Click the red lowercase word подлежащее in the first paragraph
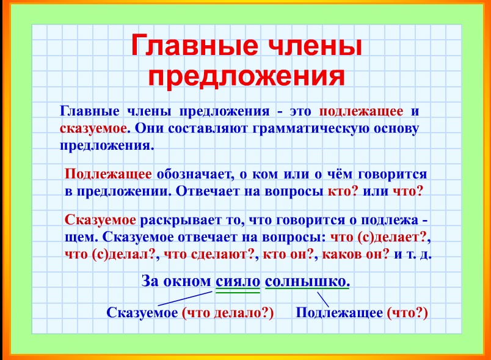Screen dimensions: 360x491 click(x=361, y=112)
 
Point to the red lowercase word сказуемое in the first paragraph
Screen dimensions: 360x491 click(x=93, y=129)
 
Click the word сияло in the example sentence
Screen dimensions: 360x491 click(x=238, y=282)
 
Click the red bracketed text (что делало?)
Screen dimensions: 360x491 click(x=228, y=313)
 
